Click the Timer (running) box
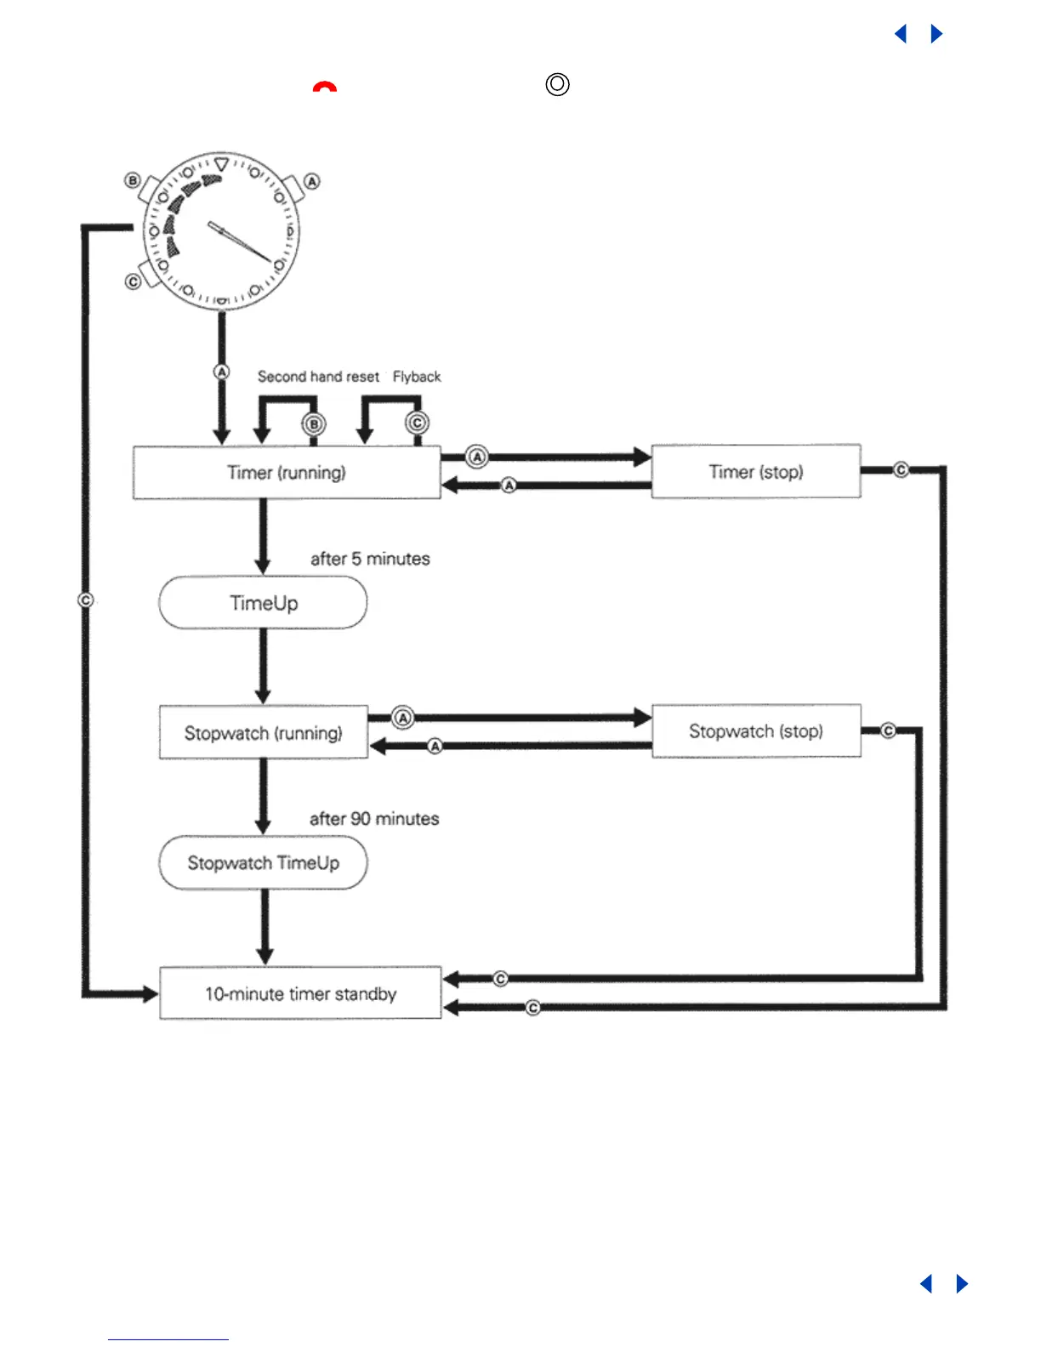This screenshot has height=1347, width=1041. coord(287,473)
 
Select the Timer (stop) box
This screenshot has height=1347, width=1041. coord(756,472)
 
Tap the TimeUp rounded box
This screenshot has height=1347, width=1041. coord(264,603)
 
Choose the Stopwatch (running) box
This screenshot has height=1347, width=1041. coord(264,732)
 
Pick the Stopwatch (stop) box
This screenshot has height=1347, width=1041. coord(756,731)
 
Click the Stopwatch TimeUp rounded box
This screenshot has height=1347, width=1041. coord(264,863)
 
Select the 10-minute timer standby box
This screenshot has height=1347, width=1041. coord(300,993)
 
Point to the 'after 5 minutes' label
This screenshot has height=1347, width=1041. coord(370,559)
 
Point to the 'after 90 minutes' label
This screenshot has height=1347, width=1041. coord(374,819)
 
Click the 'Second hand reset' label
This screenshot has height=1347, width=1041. coord(318,377)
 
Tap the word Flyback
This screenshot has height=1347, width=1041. coord(417,377)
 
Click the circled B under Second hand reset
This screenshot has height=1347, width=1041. coord(314,424)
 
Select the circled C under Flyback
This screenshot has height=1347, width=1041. coord(417,423)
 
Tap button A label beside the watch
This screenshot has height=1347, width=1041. coord(312,181)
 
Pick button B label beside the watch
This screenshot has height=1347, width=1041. coord(133,180)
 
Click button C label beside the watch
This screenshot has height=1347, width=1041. coord(133,281)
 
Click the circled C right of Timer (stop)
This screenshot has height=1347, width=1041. coord(901,469)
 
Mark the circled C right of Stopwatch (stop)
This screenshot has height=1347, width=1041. coord(888,730)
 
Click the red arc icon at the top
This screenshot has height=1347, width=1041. coord(324,87)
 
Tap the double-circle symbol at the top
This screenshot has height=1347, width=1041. coord(557,84)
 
